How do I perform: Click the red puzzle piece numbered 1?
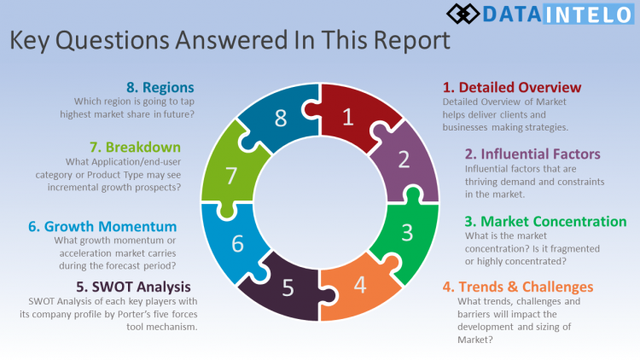point(347,118)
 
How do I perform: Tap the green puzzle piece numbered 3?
point(408,231)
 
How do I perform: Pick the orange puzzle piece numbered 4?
point(360,284)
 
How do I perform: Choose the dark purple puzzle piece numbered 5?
point(288,287)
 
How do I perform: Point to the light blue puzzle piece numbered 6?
point(236,243)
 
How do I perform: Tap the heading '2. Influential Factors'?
point(532,154)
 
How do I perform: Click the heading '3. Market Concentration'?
point(545,221)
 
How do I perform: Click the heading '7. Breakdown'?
point(139,147)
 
